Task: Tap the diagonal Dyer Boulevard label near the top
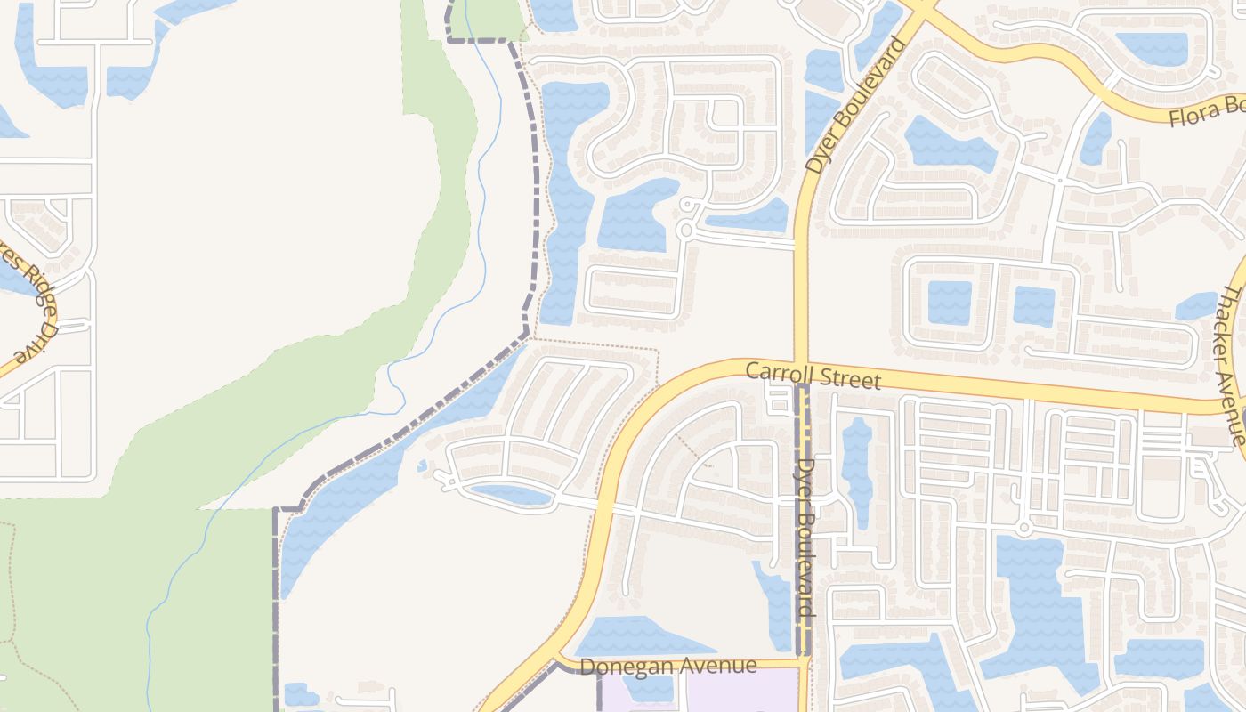[852, 106]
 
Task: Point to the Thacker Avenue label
[1234, 365]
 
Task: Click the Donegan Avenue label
[667, 666]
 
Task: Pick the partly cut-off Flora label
[1206, 112]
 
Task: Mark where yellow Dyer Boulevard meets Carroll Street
[800, 363]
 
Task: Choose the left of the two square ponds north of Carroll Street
[949, 303]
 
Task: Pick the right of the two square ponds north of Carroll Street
[1033, 305]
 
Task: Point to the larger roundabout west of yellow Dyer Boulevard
[685, 231]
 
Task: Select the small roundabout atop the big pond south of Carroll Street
[1023, 529]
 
